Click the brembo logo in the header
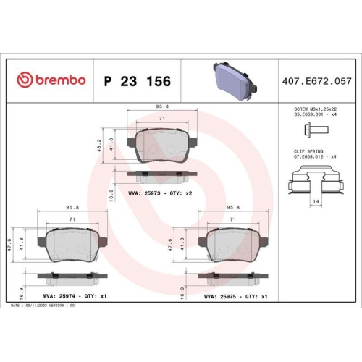pyautogui.click(x=51, y=80)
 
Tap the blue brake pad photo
pyautogui.click(x=230, y=79)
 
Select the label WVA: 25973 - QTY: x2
pyautogui.click(x=159, y=194)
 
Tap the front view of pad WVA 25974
pyautogui.click(x=70, y=243)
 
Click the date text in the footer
pyautogui.click(x=43, y=306)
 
